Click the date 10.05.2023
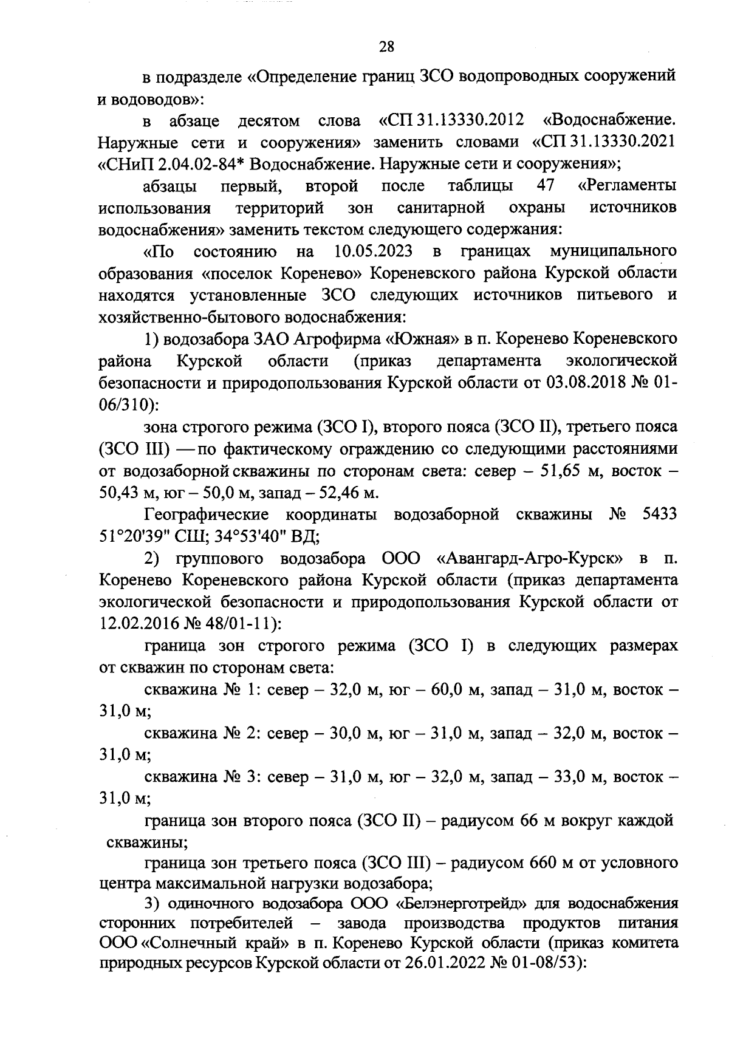(373, 251)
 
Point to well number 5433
(659, 514)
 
